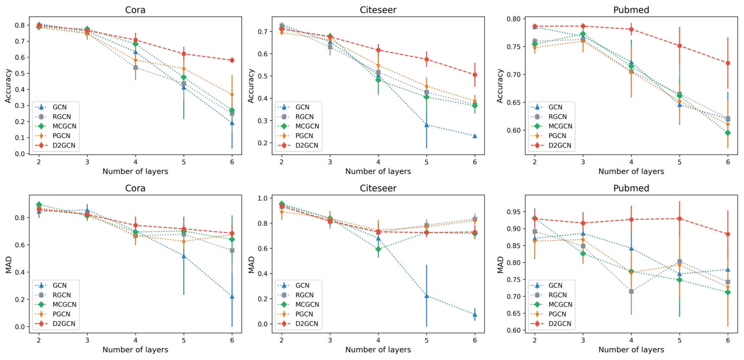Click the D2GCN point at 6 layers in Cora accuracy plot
coord(232,60)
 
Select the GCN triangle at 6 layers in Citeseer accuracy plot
coord(475,136)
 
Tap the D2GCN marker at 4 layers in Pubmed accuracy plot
coord(631,30)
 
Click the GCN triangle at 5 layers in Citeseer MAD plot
coord(426,296)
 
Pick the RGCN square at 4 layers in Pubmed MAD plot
coord(631,291)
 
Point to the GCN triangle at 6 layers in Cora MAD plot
coord(232,296)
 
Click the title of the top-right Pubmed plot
coord(631,10)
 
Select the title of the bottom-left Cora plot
coord(135,188)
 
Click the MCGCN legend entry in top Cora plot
coord(64,126)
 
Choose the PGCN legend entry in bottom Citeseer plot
coord(304,314)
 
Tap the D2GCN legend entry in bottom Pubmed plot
coord(560,324)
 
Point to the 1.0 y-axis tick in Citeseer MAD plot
coord(263,198)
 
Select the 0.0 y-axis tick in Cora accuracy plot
coord(20,154)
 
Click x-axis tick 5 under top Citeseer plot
coord(426,162)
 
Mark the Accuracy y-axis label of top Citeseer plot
coord(251,86)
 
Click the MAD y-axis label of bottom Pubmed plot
coord(500,264)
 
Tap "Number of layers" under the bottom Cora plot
coord(135,350)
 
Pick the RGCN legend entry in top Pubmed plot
coord(557,117)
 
